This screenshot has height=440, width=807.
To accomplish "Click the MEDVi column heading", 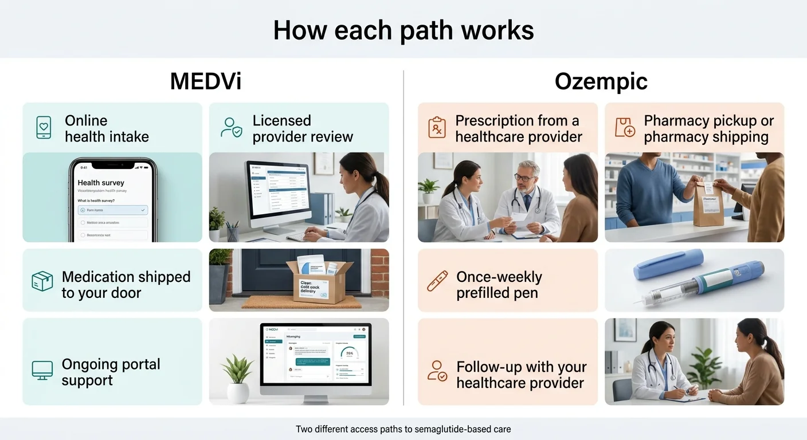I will tap(206, 82).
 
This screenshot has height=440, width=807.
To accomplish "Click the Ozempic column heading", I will tap(601, 82).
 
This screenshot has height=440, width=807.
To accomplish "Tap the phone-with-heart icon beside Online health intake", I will tap(43, 128).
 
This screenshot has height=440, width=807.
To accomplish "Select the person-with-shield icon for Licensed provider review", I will tap(231, 128).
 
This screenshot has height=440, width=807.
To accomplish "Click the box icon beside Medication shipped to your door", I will tap(42, 281).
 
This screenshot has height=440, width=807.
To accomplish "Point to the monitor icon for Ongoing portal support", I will tap(42, 371).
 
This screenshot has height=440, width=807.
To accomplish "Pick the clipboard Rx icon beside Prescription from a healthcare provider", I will tap(437, 127).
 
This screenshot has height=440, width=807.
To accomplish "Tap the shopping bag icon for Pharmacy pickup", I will tap(624, 127).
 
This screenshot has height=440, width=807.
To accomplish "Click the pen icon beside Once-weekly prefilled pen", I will tap(437, 281).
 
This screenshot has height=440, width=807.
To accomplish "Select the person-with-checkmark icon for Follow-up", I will tap(437, 371).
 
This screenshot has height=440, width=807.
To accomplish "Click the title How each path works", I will tap(403, 30).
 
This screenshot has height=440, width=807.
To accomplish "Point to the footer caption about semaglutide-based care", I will tap(403, 429).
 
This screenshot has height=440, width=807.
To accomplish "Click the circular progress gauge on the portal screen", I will tap(349, 353).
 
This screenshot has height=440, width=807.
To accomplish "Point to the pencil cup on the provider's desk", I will tap(232, 232).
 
